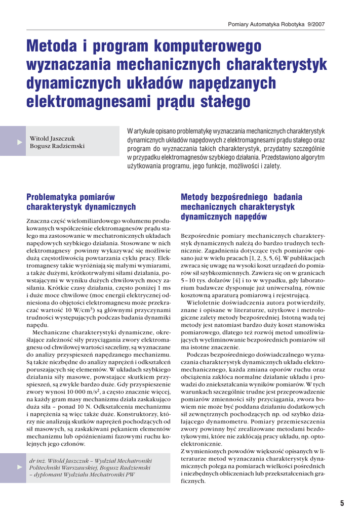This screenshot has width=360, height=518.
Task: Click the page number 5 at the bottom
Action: (342, 503)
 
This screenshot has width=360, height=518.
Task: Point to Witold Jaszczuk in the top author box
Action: (52, 138)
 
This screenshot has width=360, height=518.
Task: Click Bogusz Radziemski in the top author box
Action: (57, 146)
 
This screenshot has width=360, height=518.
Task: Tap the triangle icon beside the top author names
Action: (19, 142)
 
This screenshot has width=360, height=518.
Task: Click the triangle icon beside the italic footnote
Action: (19, 467)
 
